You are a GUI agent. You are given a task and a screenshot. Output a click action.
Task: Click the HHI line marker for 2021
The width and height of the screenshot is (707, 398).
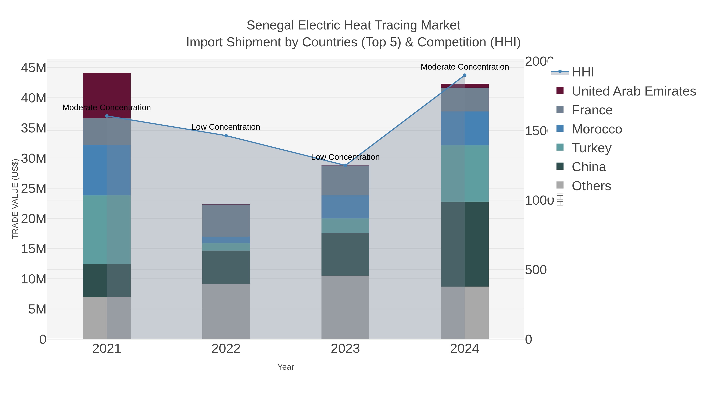[107, 116]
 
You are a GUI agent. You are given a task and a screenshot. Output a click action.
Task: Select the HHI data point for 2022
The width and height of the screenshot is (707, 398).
[226, 136]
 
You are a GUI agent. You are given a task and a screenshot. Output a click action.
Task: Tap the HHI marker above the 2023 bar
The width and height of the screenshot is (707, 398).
[345, 165]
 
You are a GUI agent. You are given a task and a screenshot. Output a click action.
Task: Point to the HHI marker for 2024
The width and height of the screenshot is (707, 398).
[465, 75]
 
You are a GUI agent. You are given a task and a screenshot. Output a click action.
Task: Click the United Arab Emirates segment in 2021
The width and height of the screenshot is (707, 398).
[107, 95]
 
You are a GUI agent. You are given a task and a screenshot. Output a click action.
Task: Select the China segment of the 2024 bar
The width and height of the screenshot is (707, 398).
[465, 244]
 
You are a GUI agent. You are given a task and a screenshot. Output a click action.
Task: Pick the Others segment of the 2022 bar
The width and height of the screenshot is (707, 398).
[226, 311]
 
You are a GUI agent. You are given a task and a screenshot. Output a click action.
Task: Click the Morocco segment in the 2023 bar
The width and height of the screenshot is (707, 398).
[345, 207]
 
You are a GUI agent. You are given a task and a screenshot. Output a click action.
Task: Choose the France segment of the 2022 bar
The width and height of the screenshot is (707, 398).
[226, 221]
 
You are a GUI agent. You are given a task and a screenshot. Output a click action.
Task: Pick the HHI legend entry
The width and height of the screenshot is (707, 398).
[583, 72]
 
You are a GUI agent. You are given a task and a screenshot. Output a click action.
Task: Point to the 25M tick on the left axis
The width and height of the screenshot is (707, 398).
[33, 189]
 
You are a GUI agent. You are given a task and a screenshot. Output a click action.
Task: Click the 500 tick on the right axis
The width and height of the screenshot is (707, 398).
[536, 270]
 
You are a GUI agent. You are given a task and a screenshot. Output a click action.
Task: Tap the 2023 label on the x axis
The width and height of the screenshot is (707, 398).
[345, 349]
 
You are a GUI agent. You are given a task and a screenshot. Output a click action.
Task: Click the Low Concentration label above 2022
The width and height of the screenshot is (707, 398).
[226, 127]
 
